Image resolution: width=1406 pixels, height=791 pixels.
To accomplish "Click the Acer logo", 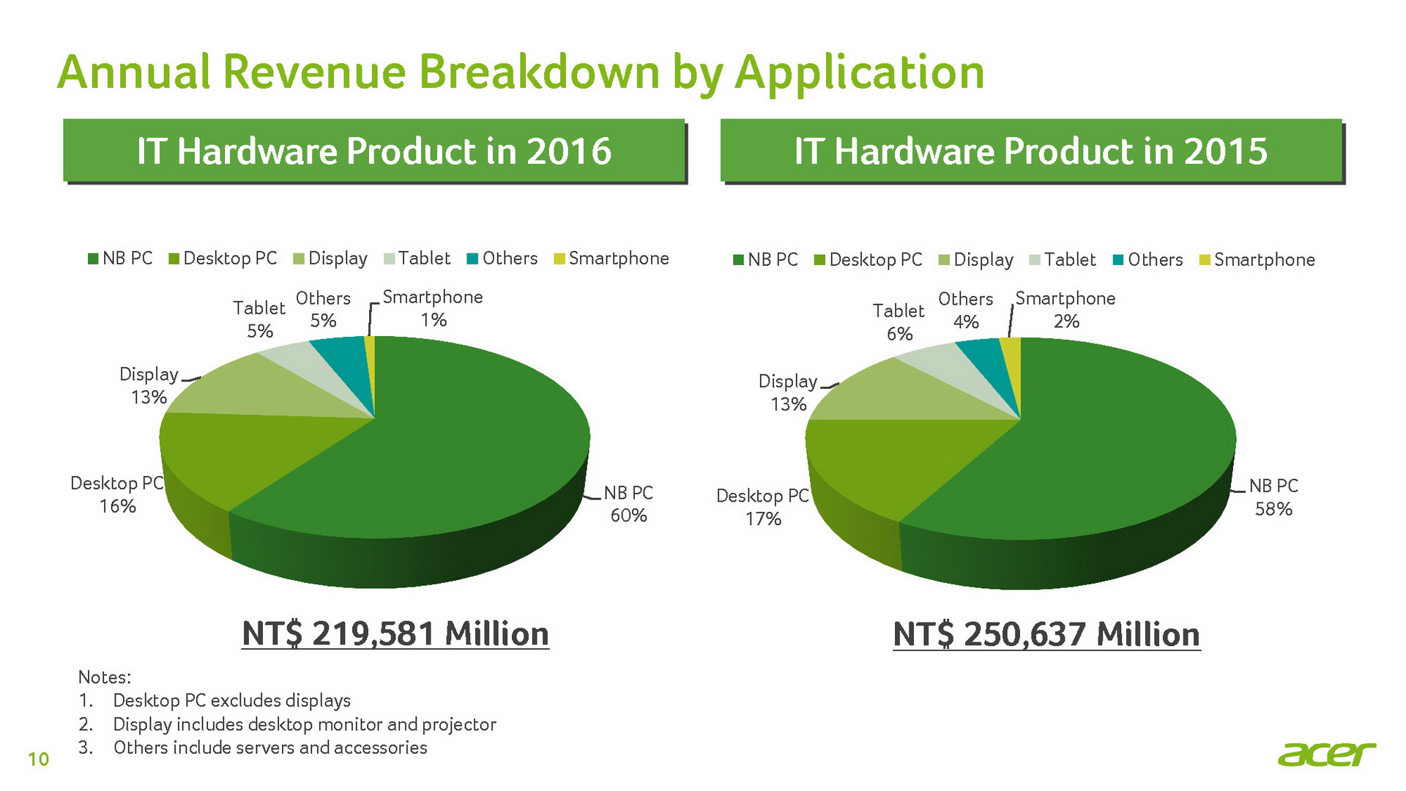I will coord(1326,754).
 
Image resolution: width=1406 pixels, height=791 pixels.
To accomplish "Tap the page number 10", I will coord(38,760).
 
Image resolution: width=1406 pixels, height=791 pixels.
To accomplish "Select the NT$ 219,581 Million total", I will coord(395,634).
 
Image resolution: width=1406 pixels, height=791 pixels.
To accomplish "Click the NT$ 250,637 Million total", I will coord(1046,635).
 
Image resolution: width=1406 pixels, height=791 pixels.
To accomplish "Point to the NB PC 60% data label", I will coord(628,504).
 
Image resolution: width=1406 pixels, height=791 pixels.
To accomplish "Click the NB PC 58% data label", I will coord(1273,497).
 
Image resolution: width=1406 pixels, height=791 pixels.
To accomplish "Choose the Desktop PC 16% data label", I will coord(117,494).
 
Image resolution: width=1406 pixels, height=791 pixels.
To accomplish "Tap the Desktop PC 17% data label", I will coord(763,507).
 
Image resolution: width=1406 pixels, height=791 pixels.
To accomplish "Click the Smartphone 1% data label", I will coord(433,308).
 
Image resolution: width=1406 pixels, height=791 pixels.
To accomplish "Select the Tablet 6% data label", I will coord(899,322).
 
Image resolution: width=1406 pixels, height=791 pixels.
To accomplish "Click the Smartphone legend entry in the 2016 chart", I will coord(611,259).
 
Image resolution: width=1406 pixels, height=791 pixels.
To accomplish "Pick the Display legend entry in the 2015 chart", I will coord(976,260).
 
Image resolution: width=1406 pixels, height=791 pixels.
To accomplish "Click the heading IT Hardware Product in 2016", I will coord(373,151).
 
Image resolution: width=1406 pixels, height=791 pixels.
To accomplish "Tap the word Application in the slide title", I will coord(859,73).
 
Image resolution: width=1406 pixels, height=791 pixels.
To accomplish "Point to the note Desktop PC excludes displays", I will coord(231,701).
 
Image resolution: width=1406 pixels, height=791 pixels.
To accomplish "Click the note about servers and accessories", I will coord(269,748).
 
